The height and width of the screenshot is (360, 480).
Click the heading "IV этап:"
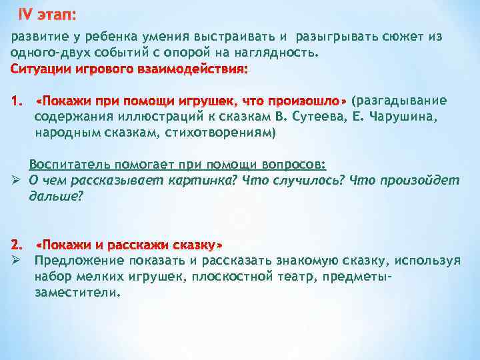tap(46, 14)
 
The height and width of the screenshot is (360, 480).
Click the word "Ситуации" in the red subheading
tap(42, 69)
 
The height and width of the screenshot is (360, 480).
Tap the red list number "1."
tap(17, 101)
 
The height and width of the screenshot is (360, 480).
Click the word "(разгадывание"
tap(399, 101)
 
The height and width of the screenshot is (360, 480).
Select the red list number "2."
tap(17, 243)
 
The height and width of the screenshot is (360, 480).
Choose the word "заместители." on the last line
tap(77, 292)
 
